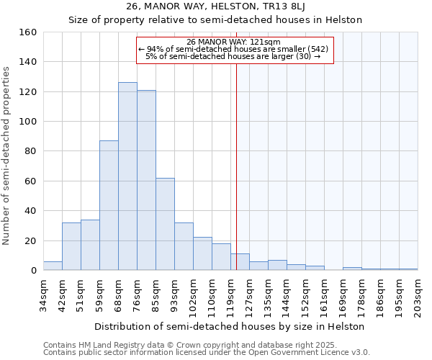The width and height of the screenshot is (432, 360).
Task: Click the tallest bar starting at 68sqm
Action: (x=127, y=176)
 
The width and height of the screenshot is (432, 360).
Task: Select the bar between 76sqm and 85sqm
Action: (x=146, y=180)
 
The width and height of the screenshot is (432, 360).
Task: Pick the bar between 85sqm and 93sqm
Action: (x=165, y=224)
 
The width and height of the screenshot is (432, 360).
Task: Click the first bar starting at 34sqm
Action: (x=53, y=266)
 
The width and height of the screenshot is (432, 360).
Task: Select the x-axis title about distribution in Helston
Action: (x=230, y=326)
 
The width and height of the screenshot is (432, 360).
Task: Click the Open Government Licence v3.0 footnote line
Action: (x=207, y=352)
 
